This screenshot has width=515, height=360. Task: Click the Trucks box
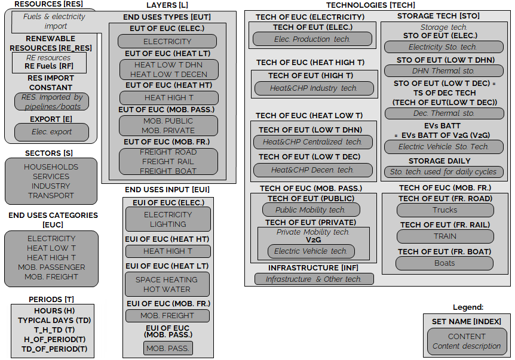[445, 210]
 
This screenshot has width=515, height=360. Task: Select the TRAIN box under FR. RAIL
[445, 236]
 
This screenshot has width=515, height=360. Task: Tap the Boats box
[445, 263]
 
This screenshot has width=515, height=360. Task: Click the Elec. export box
[51, 132]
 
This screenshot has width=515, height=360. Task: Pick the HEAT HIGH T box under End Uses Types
[169, 97]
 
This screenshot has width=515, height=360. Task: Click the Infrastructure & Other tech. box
[314, 279]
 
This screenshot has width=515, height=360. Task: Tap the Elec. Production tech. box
[312, 39]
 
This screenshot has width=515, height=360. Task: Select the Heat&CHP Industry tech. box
[314, 88]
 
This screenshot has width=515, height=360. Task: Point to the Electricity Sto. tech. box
[444, 47]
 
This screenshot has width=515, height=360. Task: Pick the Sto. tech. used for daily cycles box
[444, 171]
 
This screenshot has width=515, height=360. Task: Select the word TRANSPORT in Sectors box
[51, 195]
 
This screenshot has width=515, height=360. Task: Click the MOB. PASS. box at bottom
[168, 348]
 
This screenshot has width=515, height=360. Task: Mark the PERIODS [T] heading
[51, 299]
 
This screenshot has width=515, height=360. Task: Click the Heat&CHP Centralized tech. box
[312, 142]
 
